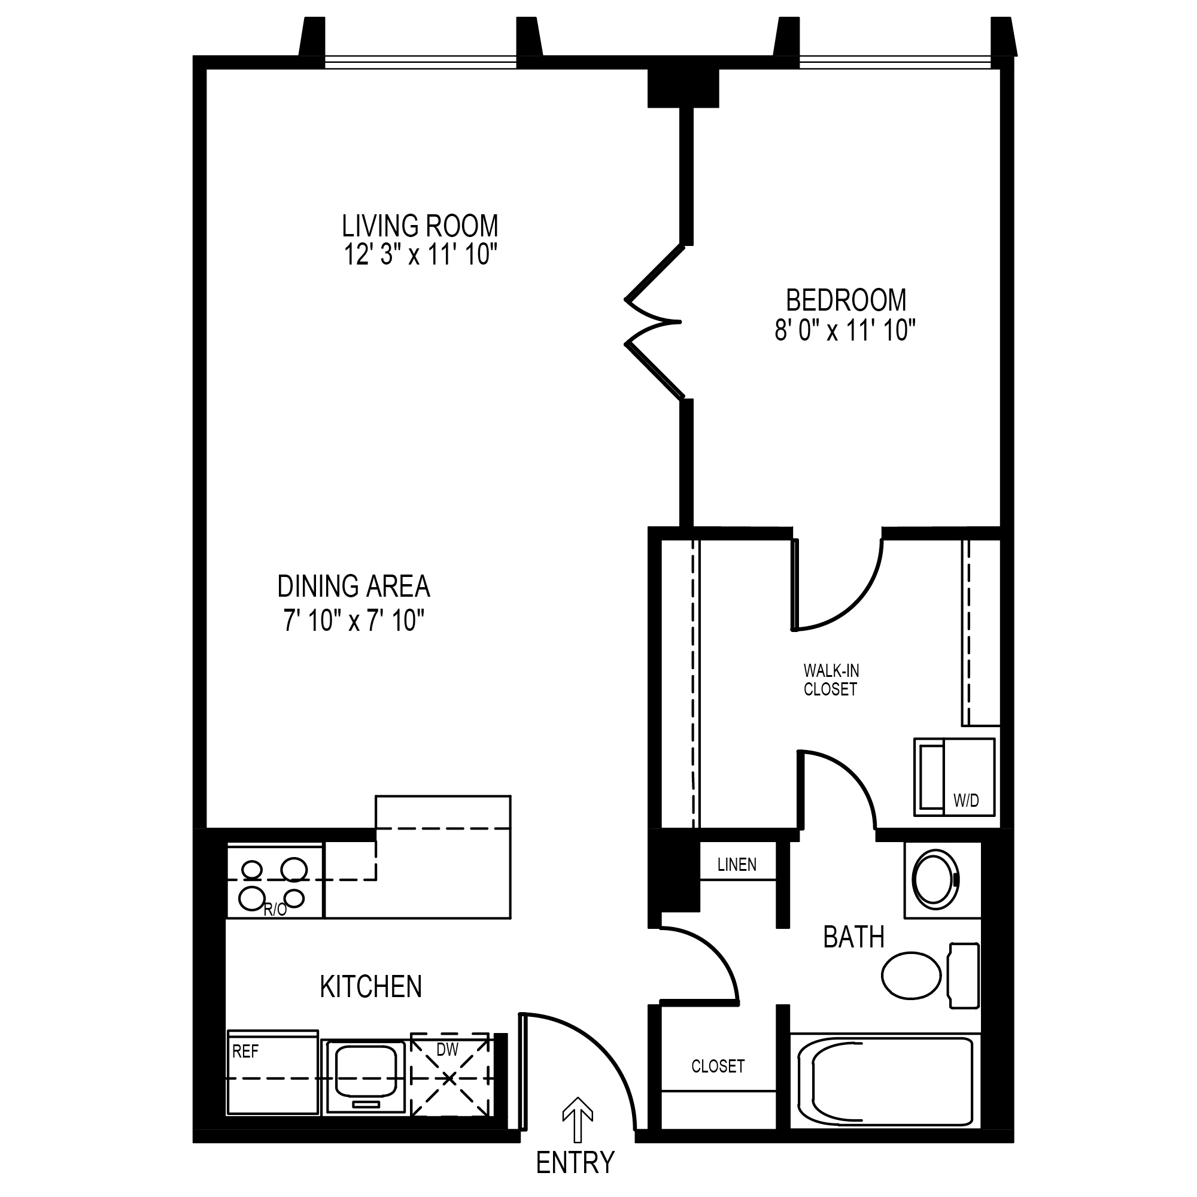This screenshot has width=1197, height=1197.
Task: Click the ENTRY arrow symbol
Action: (578, 1120)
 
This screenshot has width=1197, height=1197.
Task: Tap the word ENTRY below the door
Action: (575, 1163)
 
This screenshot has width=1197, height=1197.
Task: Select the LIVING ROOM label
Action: (420, 226)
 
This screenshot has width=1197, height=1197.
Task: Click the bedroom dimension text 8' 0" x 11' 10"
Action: (845, 330)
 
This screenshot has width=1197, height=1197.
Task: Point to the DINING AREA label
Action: (353, 586)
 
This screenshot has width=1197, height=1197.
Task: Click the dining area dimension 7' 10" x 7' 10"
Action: (354, 620)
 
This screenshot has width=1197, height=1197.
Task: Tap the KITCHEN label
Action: (370, 986)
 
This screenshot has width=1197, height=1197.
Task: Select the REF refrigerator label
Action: (245, 1052)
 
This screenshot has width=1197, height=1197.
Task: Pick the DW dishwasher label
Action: (447, 1049)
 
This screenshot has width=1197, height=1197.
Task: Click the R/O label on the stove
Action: (275, 910)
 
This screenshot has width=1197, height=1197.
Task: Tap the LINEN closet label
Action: (737, 864)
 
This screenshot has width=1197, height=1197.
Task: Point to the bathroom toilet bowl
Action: (911, 975)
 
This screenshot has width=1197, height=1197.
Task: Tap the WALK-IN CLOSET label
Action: (831, 680)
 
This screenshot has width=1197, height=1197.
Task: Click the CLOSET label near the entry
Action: (718, 1066)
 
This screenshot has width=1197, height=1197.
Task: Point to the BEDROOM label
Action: (846, 300)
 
